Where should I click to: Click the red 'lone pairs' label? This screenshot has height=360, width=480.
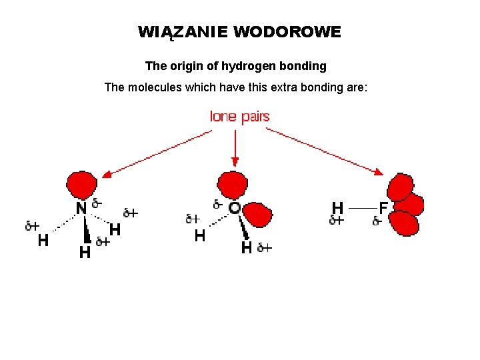[240, 117]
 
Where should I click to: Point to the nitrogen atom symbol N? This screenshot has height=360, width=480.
[81, 209]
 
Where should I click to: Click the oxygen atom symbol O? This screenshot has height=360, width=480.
[235, 208]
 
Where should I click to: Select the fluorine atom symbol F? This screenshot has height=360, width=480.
[384, 207]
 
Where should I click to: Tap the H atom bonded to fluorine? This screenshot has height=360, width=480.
[338, 207]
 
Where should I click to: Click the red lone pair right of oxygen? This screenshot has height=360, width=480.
[258, 215]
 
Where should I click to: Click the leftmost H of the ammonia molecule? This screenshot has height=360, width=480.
[43, 241]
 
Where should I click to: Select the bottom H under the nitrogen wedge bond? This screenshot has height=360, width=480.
[85, 253]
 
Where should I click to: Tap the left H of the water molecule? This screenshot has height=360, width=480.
[199, 235]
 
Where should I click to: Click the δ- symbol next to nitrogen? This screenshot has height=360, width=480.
[97, 202]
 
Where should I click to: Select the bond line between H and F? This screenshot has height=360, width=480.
[361, 208]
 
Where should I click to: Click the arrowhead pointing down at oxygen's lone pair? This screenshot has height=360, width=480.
[235, 161]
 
